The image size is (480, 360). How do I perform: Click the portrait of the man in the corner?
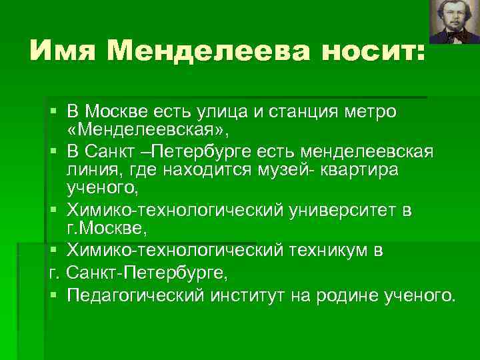pos(453,21)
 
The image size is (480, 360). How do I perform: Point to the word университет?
pos(338,211)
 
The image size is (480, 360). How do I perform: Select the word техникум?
pos(325,251)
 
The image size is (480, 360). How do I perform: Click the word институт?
pos(247,295)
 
